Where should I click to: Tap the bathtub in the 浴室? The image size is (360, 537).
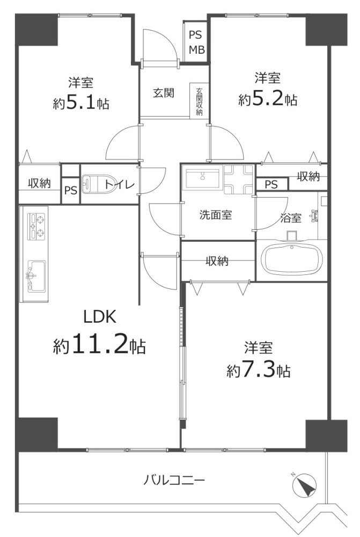coord(292,260)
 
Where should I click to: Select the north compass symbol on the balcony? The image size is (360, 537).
coord(305,487)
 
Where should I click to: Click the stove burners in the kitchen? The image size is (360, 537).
coord(34,227)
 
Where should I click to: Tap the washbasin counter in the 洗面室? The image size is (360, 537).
coord(202,177)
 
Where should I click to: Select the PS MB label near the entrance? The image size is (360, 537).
coord(195,42)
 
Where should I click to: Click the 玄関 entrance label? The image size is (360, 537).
coord(164,92)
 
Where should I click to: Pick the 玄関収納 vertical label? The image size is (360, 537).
coord(199,101)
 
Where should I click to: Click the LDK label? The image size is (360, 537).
coord(99,317)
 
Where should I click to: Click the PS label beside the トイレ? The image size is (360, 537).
coord(70,191)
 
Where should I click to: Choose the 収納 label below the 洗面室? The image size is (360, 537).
coord(217,262)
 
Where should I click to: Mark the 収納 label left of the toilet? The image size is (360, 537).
coord(39,183)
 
